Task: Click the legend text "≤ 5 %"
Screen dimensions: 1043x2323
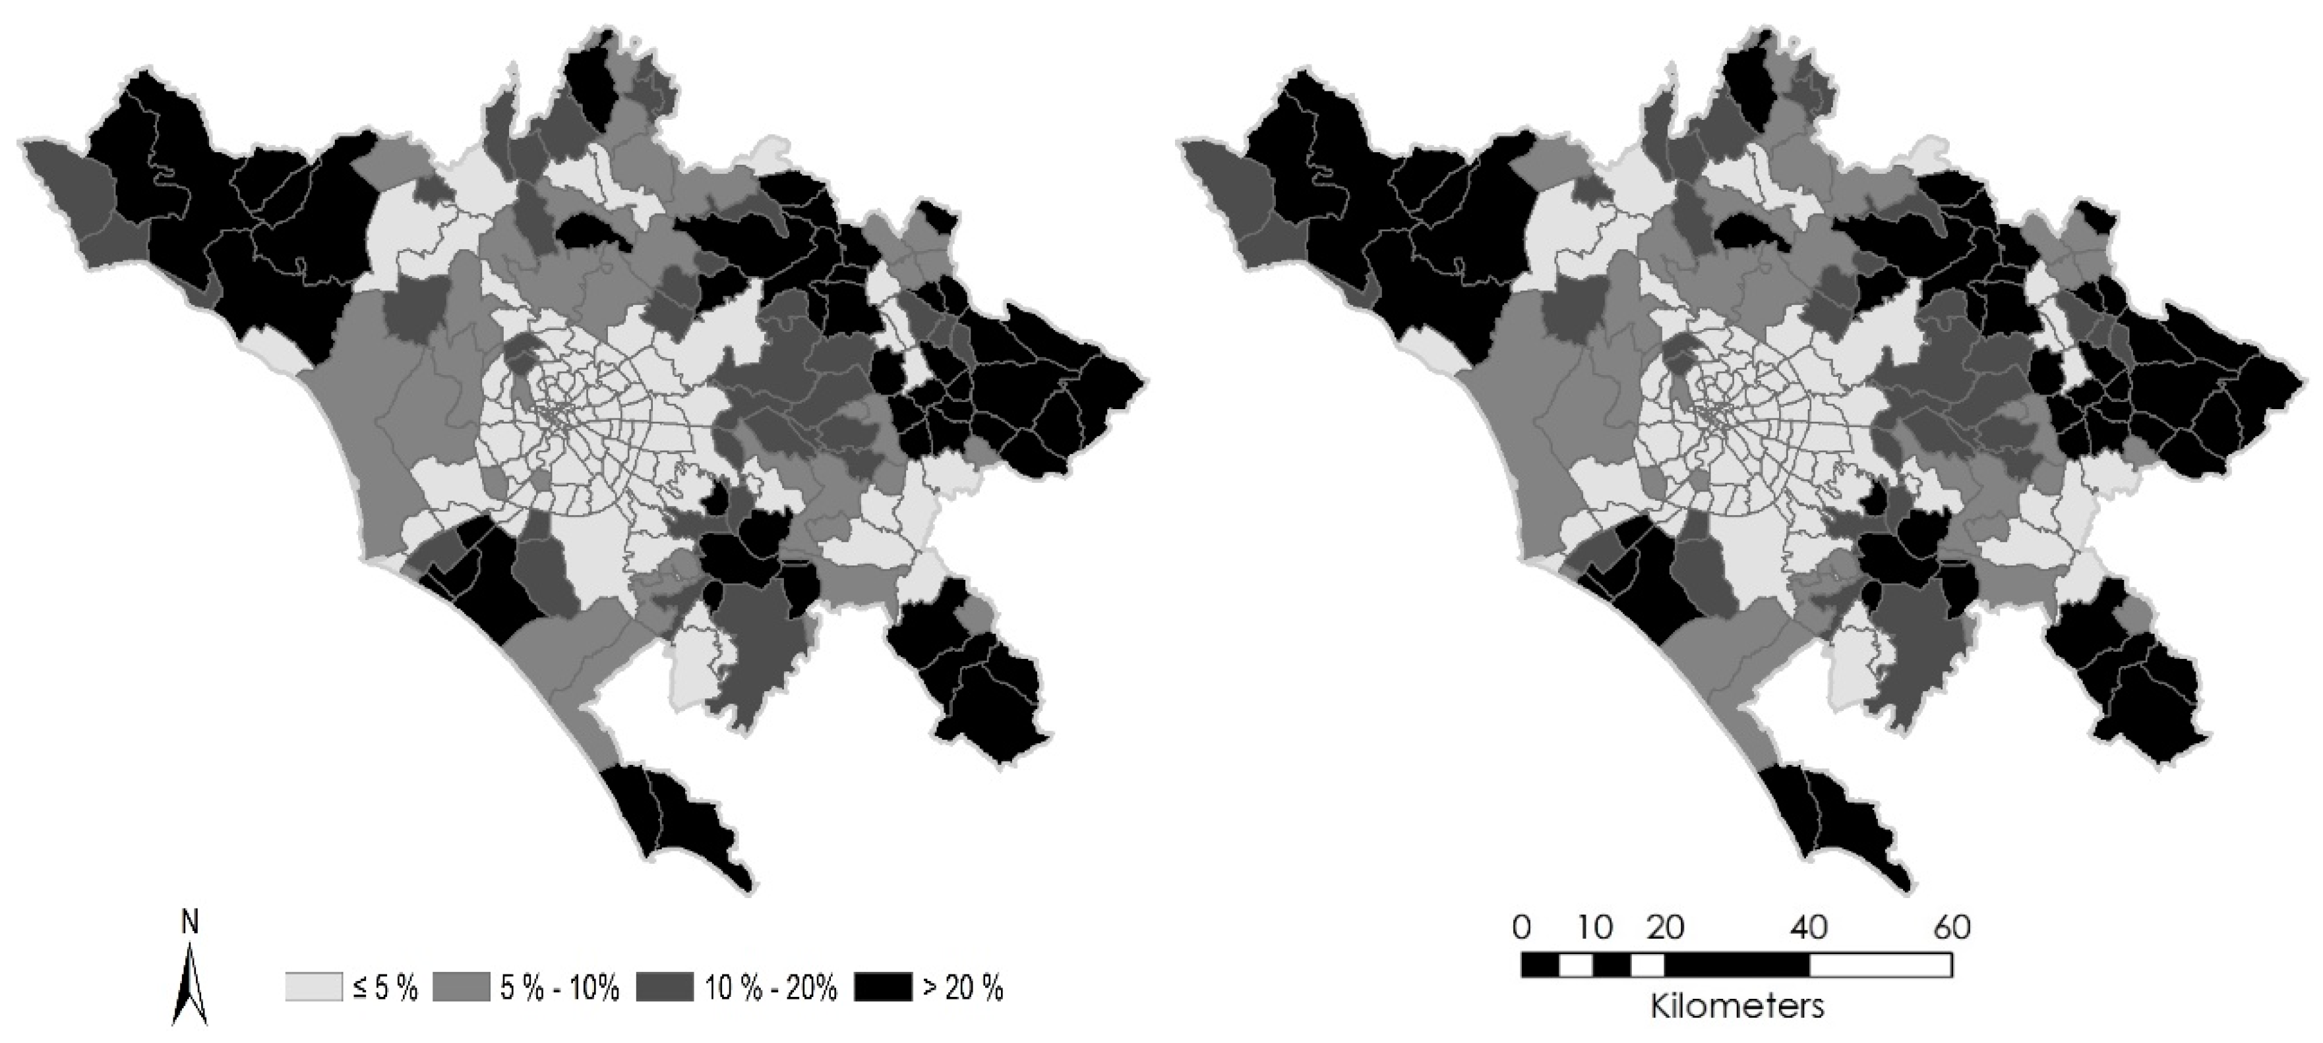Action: (x=385, y=988)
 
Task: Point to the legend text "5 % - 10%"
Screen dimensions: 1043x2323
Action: (x=559, y=988)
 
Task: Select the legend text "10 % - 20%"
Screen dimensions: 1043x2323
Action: (x=771, y=988)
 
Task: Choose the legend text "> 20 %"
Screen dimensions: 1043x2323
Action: (x=962, y=988)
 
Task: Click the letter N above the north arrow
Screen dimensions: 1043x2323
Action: (x=189, y=922)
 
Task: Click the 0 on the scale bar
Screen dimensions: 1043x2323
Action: (x=1521, y=928)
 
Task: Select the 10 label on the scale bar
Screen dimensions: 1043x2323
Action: (x=1594, y=928)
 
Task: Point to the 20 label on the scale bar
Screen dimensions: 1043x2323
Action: (x=1665, y=928)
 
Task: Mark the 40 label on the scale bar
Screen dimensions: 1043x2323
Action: (x=1808, y=928)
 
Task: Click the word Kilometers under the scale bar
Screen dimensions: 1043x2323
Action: (x=1737, y=1006)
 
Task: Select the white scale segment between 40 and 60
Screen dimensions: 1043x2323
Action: (x=1880, y=965)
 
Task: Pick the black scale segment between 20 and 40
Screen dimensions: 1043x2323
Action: (x=1737, y=965)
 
